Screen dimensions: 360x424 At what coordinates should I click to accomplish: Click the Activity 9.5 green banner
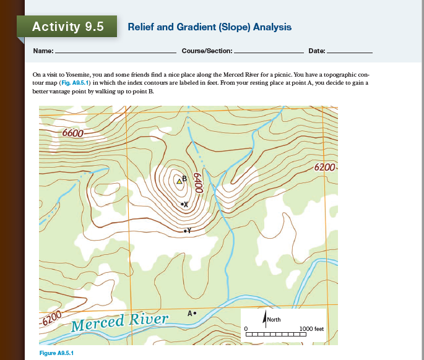pyautogui.click(x=67, y=27)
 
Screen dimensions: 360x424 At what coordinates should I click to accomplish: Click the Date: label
pyautogui.click(x=316, y=49)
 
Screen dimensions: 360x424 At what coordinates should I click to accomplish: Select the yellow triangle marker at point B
pyautogui.click(x=180, y=182)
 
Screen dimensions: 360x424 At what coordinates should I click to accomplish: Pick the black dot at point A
pyautogui.click(x=196, y=313)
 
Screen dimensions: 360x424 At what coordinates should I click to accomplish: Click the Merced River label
pyautogui.click(x=120, y=322)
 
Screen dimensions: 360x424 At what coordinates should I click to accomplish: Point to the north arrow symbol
pyautogui.click(x=264, y=321)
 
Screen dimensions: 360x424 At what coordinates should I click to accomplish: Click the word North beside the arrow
pyautogui.click(x=274, y=320)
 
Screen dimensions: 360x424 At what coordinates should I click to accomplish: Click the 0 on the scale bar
pyautogui.click(x=246, y=328)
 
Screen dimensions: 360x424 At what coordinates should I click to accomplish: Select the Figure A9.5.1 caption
pyautogui.click(x=56, y=353)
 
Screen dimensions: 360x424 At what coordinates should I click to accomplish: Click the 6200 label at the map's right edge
pyautogui.click(x=325, y=168)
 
